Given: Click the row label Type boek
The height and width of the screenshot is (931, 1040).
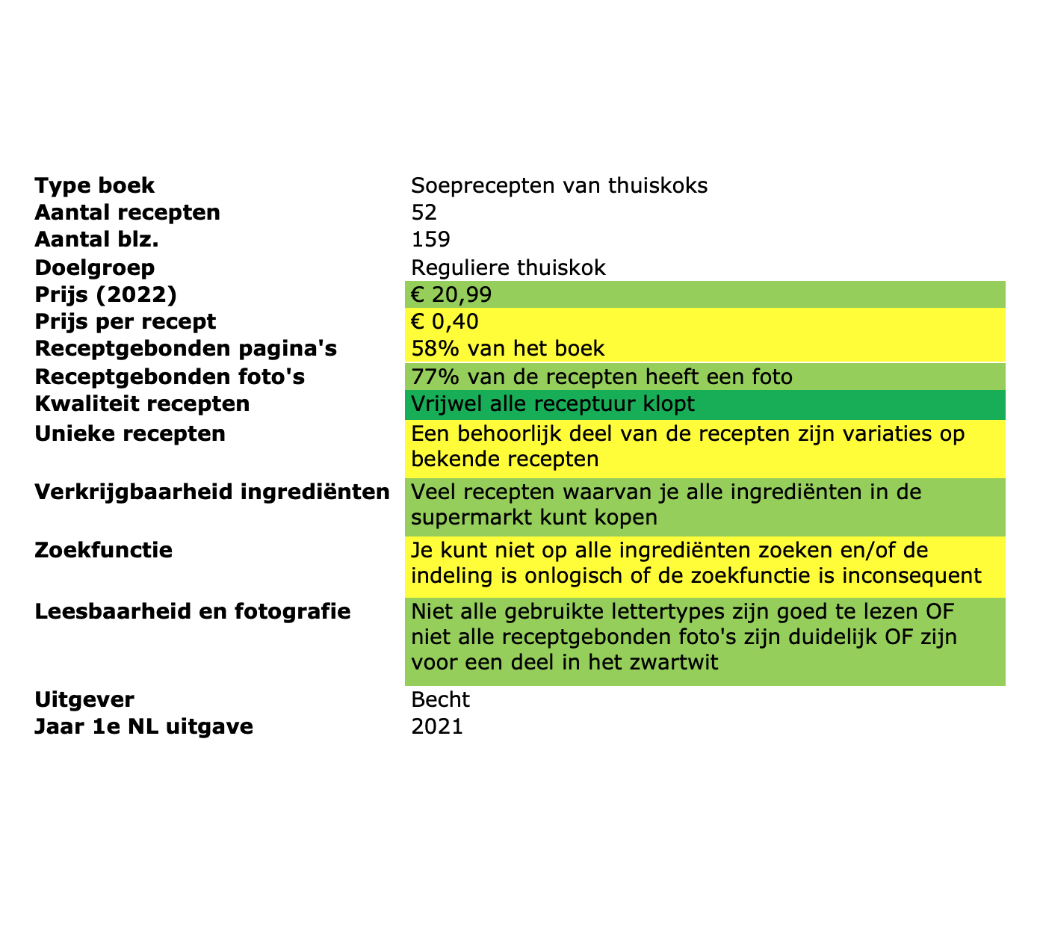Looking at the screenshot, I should (x=95, y=185).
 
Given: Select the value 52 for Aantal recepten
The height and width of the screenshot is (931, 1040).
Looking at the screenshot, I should (x=424, y=213).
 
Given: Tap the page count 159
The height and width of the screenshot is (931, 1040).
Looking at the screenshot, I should (x=430, y=240).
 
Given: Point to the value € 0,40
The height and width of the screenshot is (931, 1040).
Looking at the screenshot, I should (x=445, y=322).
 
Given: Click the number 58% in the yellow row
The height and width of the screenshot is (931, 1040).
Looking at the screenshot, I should (x=429, y=349).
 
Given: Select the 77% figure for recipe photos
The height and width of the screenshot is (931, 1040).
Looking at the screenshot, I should (x=429, y=377).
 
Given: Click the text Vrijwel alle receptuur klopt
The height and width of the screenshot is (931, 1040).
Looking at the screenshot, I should (x=553, y=404).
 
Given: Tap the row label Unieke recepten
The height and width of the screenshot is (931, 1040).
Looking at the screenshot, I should (x=130, y=433).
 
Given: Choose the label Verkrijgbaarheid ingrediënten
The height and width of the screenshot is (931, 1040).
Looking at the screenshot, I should (x=212, y=492).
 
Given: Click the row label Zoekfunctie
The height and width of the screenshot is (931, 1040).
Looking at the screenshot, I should (x=104, y=551).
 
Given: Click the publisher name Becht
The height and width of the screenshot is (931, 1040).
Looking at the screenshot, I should (x=441, y=699).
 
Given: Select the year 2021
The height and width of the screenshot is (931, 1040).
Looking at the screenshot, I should (x=437, y=726).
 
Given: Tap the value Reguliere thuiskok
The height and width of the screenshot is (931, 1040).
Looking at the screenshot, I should (x=508, y=267).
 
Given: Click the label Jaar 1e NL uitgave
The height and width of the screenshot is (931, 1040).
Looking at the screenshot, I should (x=144, y=726).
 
